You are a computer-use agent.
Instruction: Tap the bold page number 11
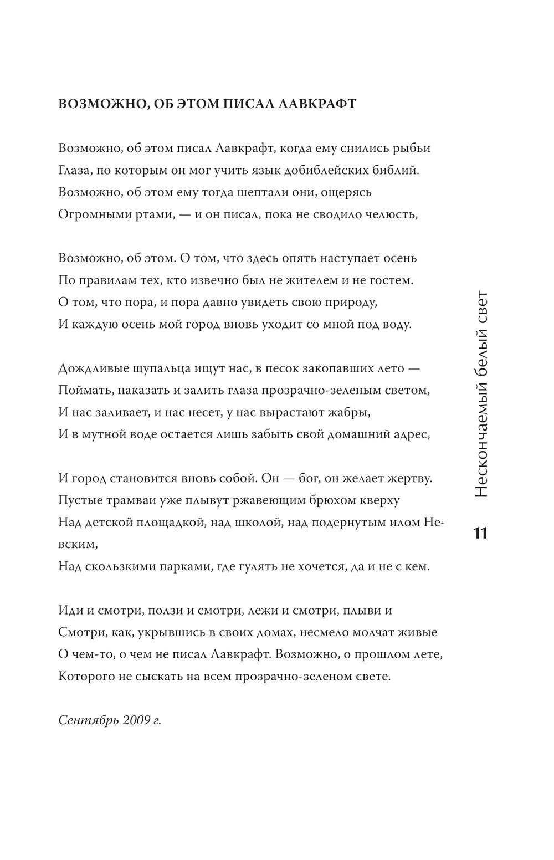pos(480,533)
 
